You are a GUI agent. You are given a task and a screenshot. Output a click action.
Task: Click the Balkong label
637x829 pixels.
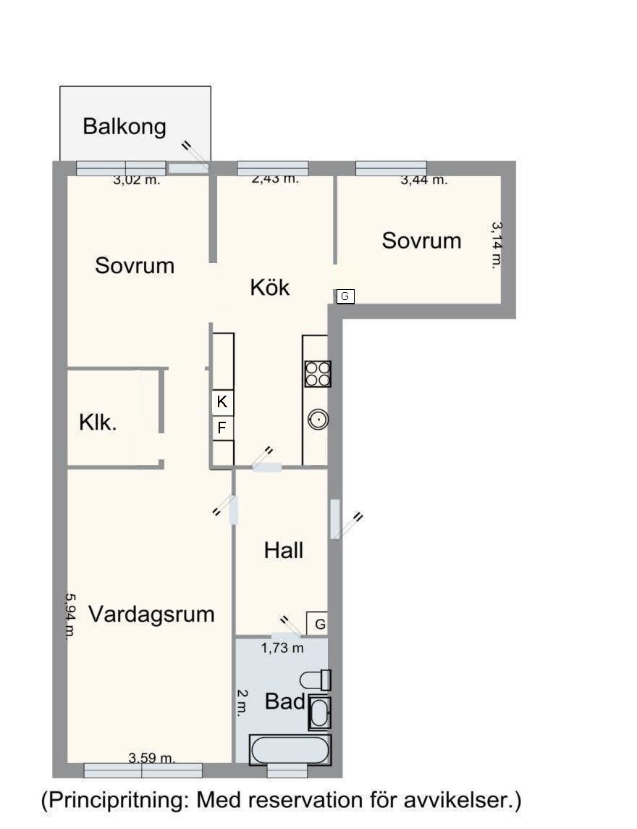pyautogui.click(x=125, y=127)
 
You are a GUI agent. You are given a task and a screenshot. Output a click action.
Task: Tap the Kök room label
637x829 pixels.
pyautogui.click(x=270, y=288)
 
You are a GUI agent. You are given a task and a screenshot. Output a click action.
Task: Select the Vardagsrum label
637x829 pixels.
pyautogui.click(x=151, y=615)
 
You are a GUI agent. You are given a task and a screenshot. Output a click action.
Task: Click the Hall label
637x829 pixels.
pyautogui.click(x=284, y=551)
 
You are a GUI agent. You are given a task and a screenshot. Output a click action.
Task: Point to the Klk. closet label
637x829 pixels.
pyautogui.click(x=98, y=423)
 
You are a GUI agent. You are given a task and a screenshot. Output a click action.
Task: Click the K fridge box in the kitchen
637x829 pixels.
pyautogui.click(x=222, y=401)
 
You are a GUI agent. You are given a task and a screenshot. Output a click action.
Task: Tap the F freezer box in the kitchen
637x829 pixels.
pyautogui.click(x=222, y=428)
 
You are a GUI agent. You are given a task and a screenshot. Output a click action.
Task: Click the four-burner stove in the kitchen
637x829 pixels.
pyautogui.click(x=318, y=374)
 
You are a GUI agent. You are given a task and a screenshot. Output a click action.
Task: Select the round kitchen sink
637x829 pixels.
pyautogui.click(x=318, y=420)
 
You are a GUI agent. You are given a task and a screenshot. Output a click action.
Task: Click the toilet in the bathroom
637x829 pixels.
pyautogui.click(x=316, y=680)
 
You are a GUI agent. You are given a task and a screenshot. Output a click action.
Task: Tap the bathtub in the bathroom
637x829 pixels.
pyautogui.click(x=290, y=750)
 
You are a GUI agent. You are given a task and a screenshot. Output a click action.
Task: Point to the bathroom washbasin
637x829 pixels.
pyautogui.click(x=319, y=712)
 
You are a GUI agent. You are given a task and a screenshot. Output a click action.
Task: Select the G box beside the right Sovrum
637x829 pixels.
pyautogui.click(x=345, y=296)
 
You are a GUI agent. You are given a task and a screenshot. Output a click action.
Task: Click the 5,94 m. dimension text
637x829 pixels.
pyautogui.click(x=70, y=617)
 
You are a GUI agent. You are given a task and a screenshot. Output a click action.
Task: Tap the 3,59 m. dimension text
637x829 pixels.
pyautogui.click(x=152, y=758)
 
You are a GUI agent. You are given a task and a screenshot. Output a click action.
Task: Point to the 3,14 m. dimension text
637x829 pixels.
pyautogui.click(x=497, y=246)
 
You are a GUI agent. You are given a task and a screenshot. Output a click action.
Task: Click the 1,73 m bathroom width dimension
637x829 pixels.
pyautogui.click(x=282, y=648)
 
